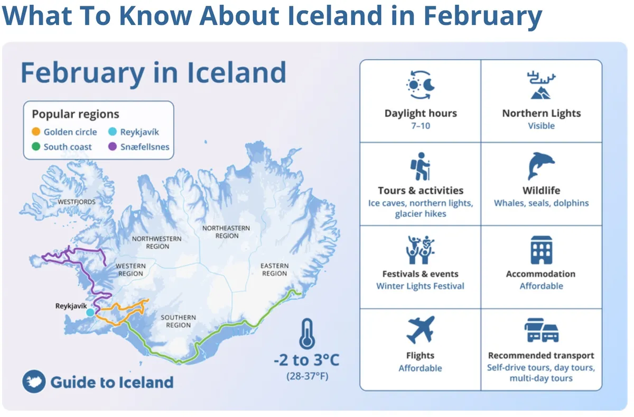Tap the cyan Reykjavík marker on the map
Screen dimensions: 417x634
pos(90,313)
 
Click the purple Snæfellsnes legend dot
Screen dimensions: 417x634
pos(113,147)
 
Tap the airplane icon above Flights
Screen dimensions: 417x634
pos(420,330)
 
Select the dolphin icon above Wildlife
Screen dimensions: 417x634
pos(541,166)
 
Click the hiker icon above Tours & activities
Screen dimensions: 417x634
pos(421,166)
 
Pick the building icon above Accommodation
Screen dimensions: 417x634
pos(541,250)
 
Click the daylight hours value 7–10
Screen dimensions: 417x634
pos(421,126)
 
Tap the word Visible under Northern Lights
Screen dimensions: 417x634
pos(541,126)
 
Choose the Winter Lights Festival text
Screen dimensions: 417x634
pos(420,286)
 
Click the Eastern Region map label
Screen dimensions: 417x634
pos(274,269)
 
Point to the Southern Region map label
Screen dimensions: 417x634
pos(178,321)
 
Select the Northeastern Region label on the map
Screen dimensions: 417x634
pos(227,232)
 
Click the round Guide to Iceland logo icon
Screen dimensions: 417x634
pos(34,382)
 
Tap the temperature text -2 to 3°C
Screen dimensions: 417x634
pos(306,361)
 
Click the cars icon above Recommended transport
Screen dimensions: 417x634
pos(541,330)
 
